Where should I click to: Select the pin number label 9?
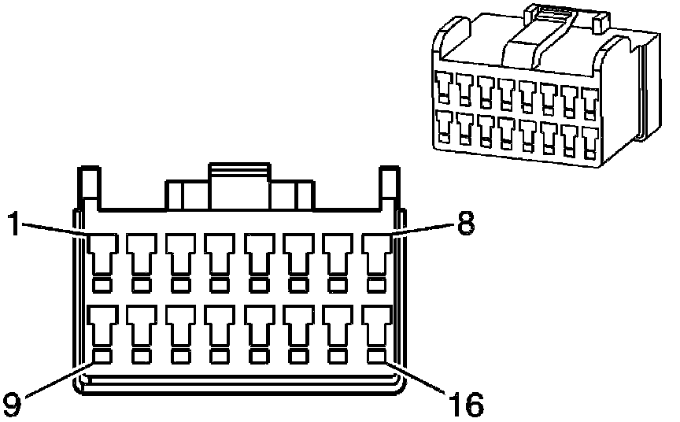[x=11, y=403]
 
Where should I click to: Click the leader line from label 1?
[x=55, y=229]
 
